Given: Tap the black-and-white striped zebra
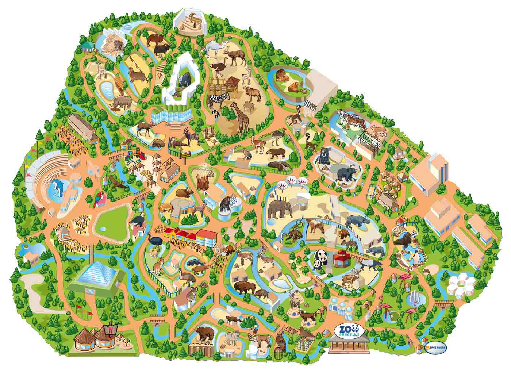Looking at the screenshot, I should (219, 99).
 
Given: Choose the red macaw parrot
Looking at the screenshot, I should (99, 199).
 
